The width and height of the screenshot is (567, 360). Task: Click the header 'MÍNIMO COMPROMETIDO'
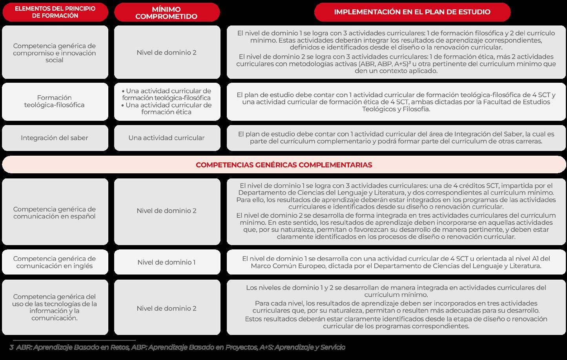tap(167, 13)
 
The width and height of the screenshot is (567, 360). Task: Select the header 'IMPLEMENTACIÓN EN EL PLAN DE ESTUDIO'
tap(412, 12)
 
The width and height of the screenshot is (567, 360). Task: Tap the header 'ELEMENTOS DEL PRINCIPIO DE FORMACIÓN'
tap(55, 12)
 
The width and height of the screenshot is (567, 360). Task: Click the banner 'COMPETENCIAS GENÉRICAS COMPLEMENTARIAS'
tap(284, 165)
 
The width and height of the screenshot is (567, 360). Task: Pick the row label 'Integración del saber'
tap(55, 138)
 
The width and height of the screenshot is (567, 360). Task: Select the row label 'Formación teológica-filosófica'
tap(55, 101)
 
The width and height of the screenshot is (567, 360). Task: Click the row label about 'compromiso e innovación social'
tap(55, 53)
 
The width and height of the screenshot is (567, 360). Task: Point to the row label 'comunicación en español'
tap(55, 213)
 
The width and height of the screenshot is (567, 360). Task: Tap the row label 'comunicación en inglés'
tap(55, 262)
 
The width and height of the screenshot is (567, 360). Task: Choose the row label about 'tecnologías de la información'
tap(55, 307)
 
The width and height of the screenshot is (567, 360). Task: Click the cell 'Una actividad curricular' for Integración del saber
tap(166, 138)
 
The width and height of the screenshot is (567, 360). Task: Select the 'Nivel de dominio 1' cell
tap(166, 262)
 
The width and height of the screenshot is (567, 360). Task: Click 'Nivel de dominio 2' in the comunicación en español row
tap(166, 211)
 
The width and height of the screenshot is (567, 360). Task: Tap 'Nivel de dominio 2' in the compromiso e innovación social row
tap(166, 53)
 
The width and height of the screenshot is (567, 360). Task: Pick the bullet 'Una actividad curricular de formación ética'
tap(166, 109)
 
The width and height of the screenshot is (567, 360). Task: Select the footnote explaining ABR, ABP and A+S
tap(180, 347)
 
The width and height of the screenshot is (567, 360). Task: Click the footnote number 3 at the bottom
tap(11, 347)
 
